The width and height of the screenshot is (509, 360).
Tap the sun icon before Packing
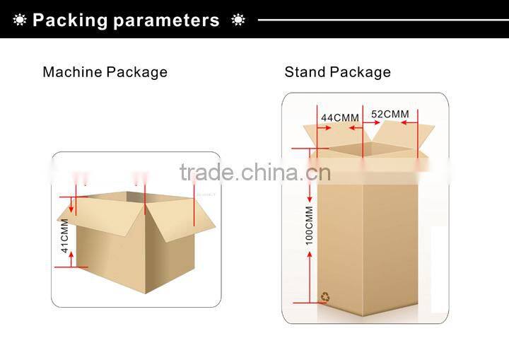[x=20, y=20]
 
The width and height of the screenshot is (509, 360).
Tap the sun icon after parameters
[x=238, y=20]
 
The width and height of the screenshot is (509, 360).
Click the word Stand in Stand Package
[x=304, y=72]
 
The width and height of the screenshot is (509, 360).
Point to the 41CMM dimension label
[x=64, y=236]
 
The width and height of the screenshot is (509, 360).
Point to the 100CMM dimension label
[x=309, y=226]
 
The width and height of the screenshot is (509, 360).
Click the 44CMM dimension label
[x=340, y=117]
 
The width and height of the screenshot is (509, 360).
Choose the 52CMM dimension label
[x=390, y=114]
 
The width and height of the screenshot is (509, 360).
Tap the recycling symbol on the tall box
[x=325, y=297]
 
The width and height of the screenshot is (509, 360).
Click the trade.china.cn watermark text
[x=255, y=172]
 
